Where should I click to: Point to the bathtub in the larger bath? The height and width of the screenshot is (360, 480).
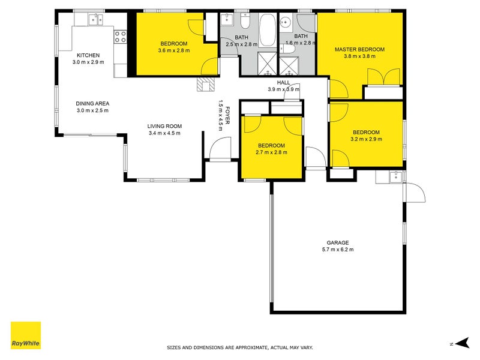click(267, 29)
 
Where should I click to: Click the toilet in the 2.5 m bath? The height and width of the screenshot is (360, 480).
click(245, 23)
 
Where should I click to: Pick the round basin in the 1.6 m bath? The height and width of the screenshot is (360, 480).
click(286, 23)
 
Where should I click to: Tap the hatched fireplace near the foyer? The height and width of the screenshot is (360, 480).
click(205, 85)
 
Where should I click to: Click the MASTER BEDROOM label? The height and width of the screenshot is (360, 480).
click(359, 49)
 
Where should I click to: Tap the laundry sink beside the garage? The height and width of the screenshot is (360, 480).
click(394, 176)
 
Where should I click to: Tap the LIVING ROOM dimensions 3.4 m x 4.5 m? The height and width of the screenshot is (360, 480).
click(164, 133)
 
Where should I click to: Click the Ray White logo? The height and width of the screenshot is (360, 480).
click(26, 335)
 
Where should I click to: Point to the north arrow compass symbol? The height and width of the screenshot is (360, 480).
click(460, 343)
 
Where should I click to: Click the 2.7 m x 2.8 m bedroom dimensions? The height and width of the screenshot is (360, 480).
click(271, 152)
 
